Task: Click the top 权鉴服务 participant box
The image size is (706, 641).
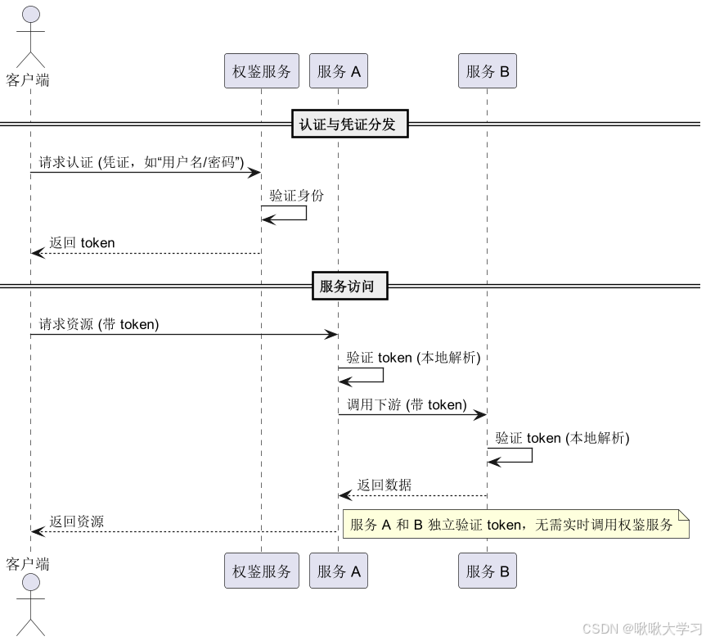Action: [x=261, y=71]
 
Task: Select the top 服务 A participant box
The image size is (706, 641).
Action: [x=339, y=71]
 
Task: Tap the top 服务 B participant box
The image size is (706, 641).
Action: [x=488, y=71]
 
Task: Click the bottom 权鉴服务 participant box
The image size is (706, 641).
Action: [x=261, y=571]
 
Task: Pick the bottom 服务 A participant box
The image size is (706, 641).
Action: [x=339, y=571]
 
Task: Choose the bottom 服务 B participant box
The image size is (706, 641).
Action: [x=488, y=571]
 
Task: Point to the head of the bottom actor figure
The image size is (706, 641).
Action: [x=30, y=582]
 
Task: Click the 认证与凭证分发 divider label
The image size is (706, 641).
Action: [x=349, y=124]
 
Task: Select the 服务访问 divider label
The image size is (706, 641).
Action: [x=349, y=287]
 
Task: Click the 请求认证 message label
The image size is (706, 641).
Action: [x=142, y=162]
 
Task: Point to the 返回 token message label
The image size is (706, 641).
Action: [x=82, y=243]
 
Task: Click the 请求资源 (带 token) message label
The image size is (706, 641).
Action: [x=99, y=324]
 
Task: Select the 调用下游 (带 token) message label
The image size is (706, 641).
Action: [x=407, y=404]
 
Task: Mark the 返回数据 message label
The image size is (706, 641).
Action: [x=384, y=485]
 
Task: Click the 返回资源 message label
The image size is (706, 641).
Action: [x=76, y=521]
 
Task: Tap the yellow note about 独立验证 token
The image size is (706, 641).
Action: [x=515, y=525]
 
